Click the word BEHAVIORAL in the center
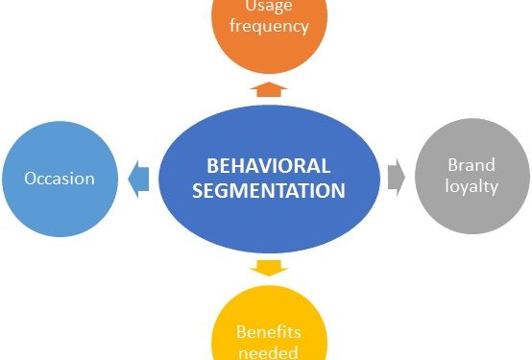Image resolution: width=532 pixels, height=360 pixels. click(269, 165)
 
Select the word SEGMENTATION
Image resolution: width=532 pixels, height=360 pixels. click(269, 190)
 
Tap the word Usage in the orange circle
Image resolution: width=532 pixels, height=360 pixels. click(269, 8)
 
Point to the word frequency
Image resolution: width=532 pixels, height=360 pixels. click(269, 26)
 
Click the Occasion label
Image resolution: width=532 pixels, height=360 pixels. click(60, 179)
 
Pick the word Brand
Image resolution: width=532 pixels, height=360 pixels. click(472, 165)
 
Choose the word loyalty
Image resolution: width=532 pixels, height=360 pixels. click(472, 186)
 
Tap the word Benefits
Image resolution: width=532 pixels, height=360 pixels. click(269, 332)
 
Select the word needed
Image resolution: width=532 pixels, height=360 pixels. click(269, 351)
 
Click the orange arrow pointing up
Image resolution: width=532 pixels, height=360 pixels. click(269, 89)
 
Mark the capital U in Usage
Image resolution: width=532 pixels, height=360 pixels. click(252, 8)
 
